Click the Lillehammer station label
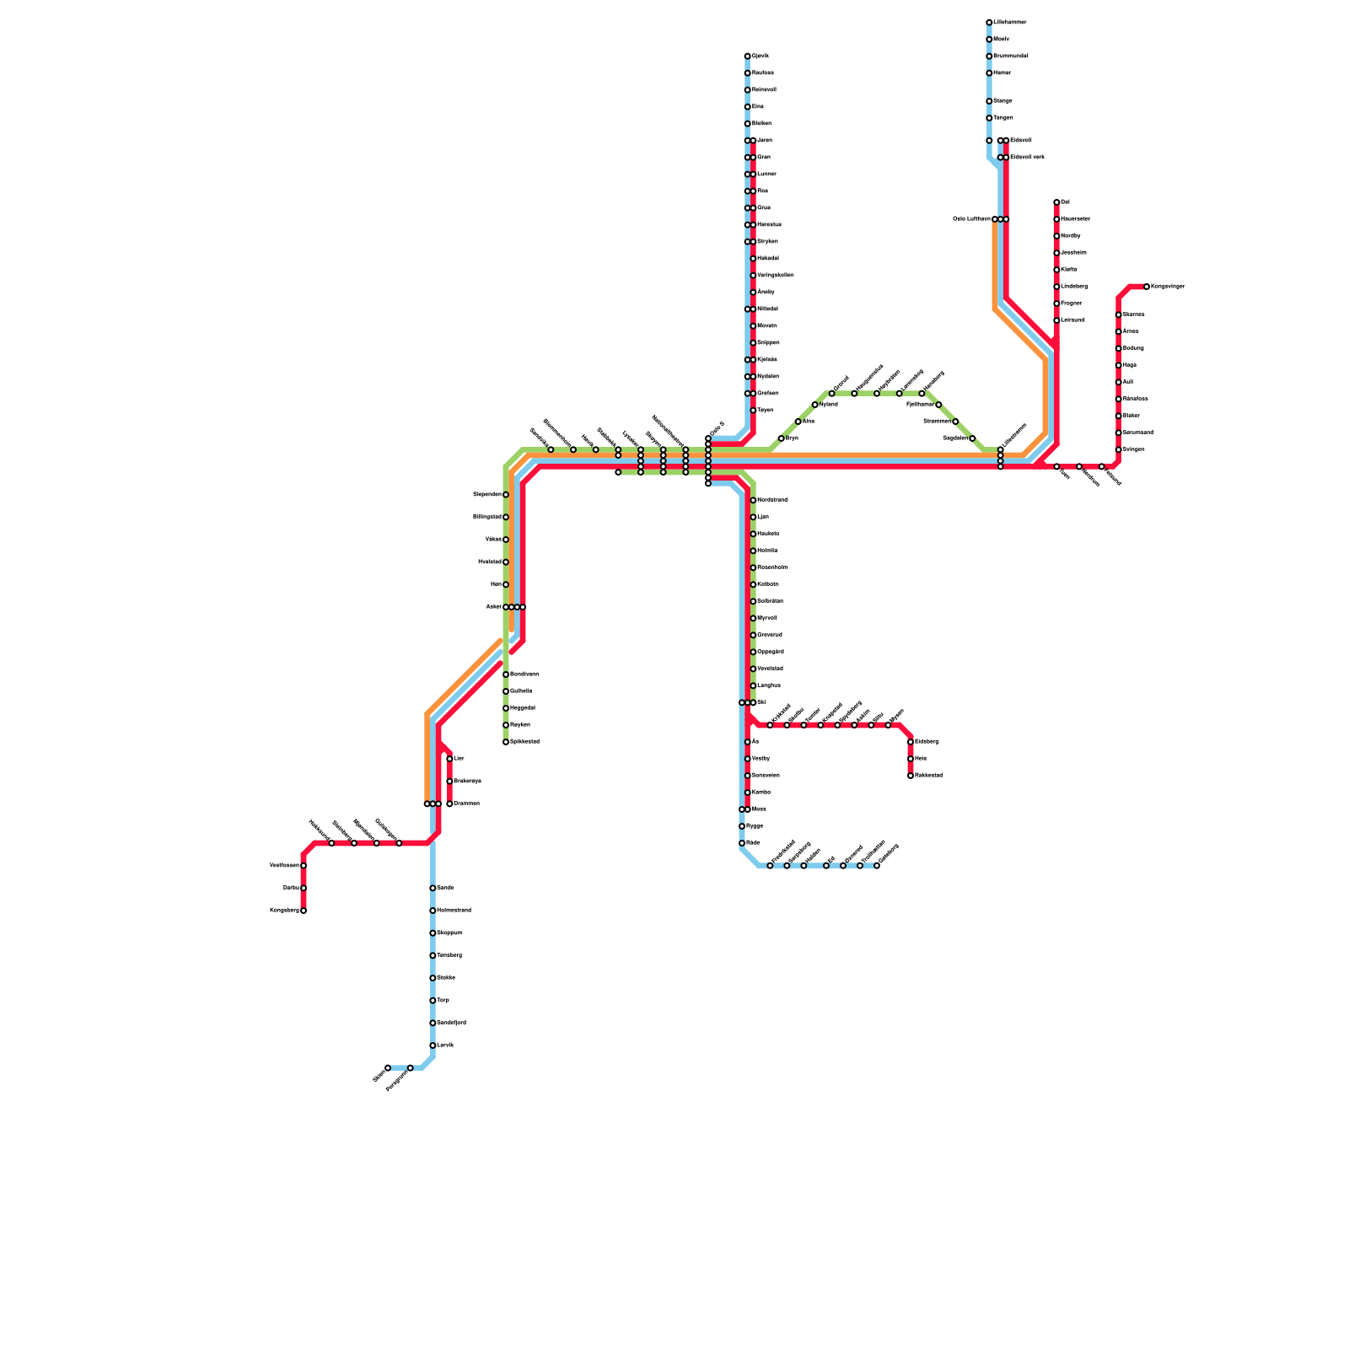point(1010,22)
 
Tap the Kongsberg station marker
point(304,911)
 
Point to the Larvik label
point(446,1045)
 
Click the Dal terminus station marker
point(1056,202)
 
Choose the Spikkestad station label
point(525,742)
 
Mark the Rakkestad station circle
point(911,776)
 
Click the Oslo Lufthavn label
point(971,219)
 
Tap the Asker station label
point(493,607)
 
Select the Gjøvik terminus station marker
point(748,56)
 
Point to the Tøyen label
point(766,411)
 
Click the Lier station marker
point(449,759)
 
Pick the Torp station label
point(443,1001)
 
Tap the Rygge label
point(755,826)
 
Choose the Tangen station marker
point(989,118)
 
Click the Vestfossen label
point(284,866)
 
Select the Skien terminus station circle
point(388,1068)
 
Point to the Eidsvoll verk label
point(1028,158)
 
